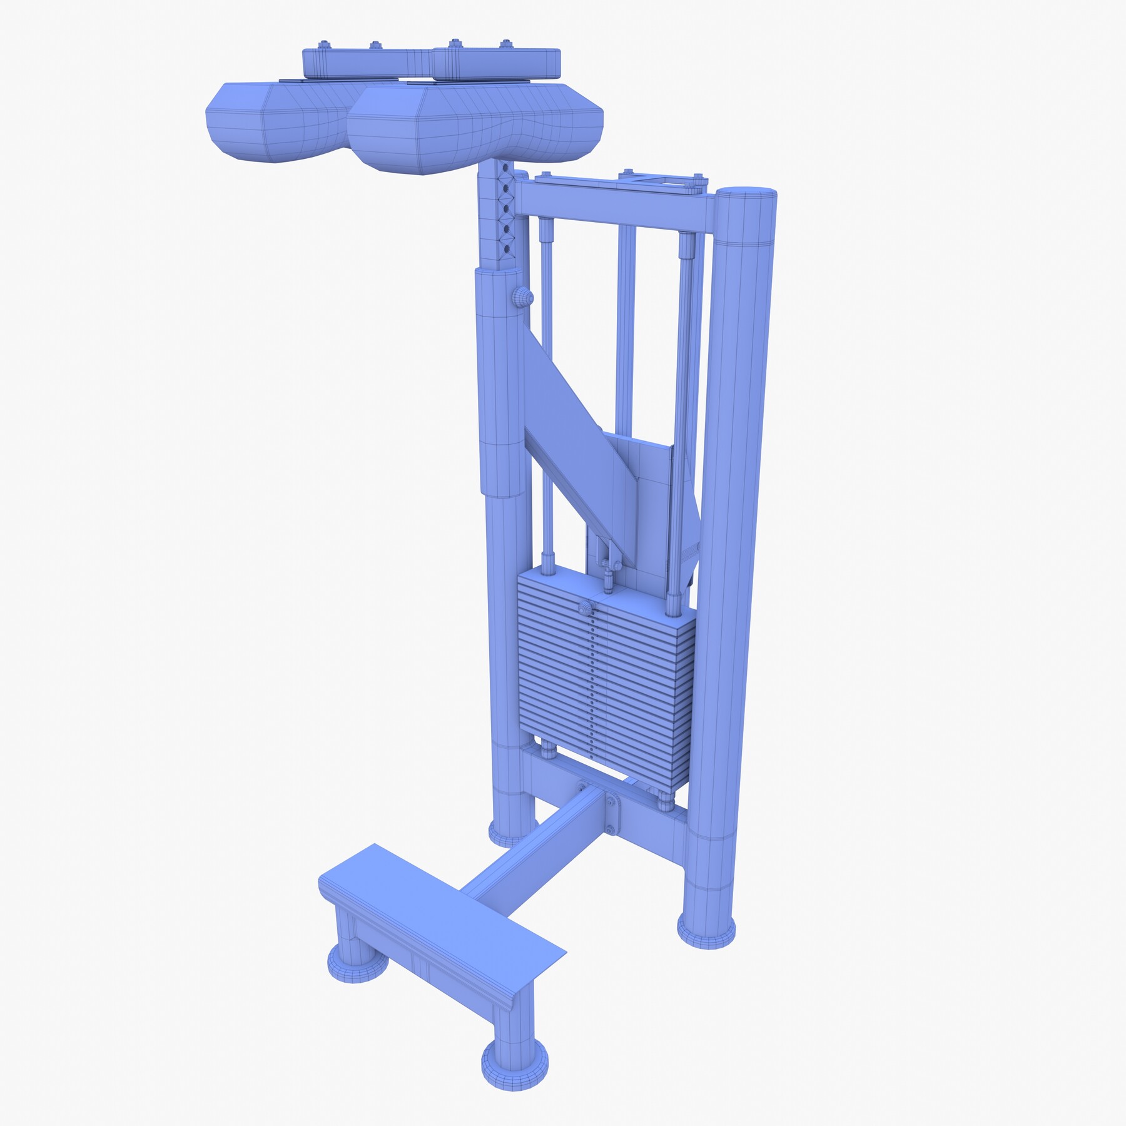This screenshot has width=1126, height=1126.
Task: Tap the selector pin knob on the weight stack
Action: (585, 607)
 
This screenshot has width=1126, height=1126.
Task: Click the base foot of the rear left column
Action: (510, 829)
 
